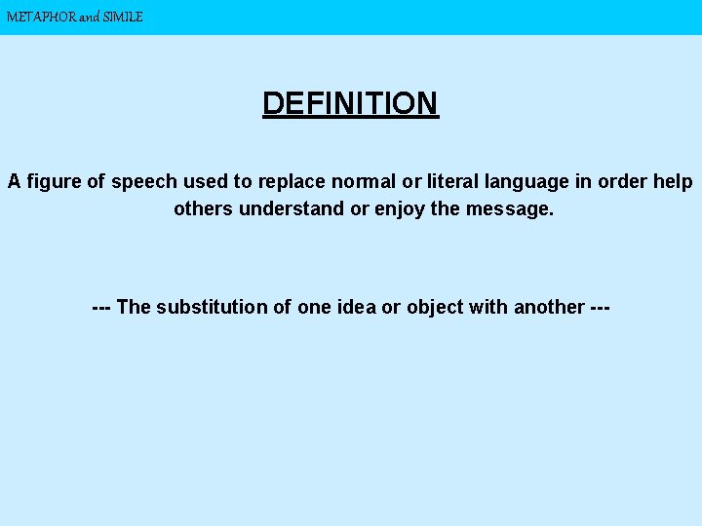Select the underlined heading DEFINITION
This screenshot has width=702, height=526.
click(351, 103)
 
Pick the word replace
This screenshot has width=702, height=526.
click(292, 182)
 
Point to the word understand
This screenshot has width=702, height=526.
click(288, 208)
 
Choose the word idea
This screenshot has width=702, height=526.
click(356, 307)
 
